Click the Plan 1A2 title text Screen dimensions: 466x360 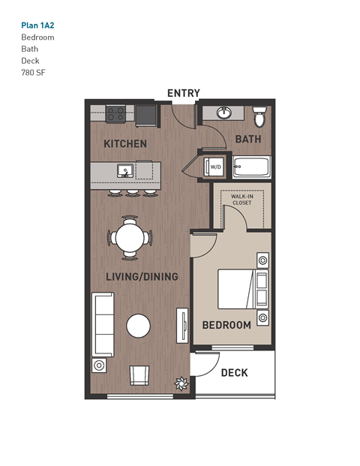38,24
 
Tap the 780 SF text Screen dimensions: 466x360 34,73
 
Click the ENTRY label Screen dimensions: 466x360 184,93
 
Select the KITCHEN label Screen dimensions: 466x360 125,143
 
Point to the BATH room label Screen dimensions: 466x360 247,139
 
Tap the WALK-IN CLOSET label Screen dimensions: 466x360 241,200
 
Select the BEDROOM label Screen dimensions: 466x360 226,325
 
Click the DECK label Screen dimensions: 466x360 234,372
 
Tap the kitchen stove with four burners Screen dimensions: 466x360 116,114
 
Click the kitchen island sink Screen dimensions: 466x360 124,171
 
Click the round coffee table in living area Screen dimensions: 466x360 139,325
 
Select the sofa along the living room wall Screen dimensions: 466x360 103,324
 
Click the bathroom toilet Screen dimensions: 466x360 259,117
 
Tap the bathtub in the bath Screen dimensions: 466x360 250,167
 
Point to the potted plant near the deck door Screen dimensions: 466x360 181,383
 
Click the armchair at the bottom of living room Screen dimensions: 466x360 139,374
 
